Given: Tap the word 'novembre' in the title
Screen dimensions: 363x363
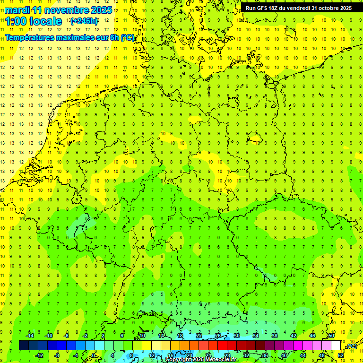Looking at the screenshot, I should tap(66, 9).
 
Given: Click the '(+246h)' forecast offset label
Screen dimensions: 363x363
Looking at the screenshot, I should tap(84, 21).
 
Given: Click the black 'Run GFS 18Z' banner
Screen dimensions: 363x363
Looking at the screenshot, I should tap(299, 8).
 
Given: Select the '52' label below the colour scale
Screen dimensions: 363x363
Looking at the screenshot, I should tap(341, 355).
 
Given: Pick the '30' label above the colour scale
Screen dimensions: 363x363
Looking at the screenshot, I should tap(237, 335).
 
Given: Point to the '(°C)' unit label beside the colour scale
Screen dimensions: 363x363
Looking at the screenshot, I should tap(351, 346).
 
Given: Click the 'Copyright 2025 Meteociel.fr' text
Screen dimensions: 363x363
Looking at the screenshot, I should tap(201, 360).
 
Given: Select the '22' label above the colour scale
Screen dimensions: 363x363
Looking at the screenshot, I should tap(199, 335).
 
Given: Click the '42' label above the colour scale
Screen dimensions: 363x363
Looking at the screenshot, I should tap(294, 335).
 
